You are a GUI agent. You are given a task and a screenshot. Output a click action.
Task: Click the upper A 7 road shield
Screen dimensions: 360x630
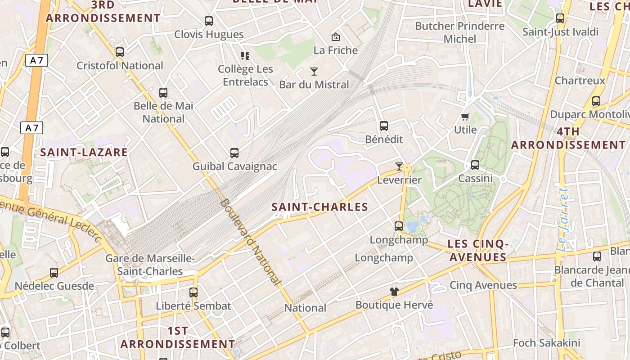click(36, 61)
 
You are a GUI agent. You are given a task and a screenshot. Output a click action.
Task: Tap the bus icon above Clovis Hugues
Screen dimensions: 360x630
click(208, 21)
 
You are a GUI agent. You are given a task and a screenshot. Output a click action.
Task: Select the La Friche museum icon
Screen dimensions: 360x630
click(335, 37)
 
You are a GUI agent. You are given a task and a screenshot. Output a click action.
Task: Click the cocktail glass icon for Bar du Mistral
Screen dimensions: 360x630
click(314, 71)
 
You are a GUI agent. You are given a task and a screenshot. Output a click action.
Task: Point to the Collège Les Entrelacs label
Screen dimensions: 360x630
click(245, 76)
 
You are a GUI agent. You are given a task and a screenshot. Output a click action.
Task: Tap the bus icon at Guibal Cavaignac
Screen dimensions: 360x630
click(234, 153)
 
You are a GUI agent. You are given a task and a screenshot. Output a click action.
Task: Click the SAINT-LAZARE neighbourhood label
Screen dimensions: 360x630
click(84, 152)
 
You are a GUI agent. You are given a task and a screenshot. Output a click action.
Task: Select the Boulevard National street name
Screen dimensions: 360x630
click(250, 242)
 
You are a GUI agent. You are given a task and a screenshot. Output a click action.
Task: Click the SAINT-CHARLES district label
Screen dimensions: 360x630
click(320, 207)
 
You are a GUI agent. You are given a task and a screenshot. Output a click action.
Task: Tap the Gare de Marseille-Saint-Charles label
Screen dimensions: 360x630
click(150, 265)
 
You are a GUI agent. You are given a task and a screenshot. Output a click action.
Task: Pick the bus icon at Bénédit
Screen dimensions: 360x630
click(383, 126)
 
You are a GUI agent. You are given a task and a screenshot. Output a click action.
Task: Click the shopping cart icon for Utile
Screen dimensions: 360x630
click(465, 117)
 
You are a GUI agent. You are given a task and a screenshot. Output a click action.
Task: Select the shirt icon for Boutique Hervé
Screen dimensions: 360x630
click(394, 292)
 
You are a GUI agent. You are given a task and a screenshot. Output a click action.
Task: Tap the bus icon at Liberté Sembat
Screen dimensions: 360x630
click(193, 292)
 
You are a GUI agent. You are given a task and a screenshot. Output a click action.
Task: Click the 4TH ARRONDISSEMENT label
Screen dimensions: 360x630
click(568, 139)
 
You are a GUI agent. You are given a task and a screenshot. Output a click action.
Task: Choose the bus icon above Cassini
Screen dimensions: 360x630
click(475, 165)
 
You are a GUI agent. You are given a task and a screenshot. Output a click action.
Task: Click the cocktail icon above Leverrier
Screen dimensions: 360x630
click(399, 166)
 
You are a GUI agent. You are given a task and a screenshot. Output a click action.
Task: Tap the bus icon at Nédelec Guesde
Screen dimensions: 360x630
click(54, 272)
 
